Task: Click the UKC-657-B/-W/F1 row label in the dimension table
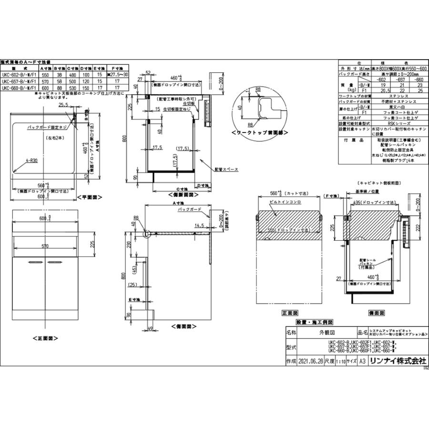click(19, 82)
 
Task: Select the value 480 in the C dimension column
click(72, 75)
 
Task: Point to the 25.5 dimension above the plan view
click(63, 104)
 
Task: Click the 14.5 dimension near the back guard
click(199, 226)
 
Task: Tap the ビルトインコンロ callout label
click(280, 215)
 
